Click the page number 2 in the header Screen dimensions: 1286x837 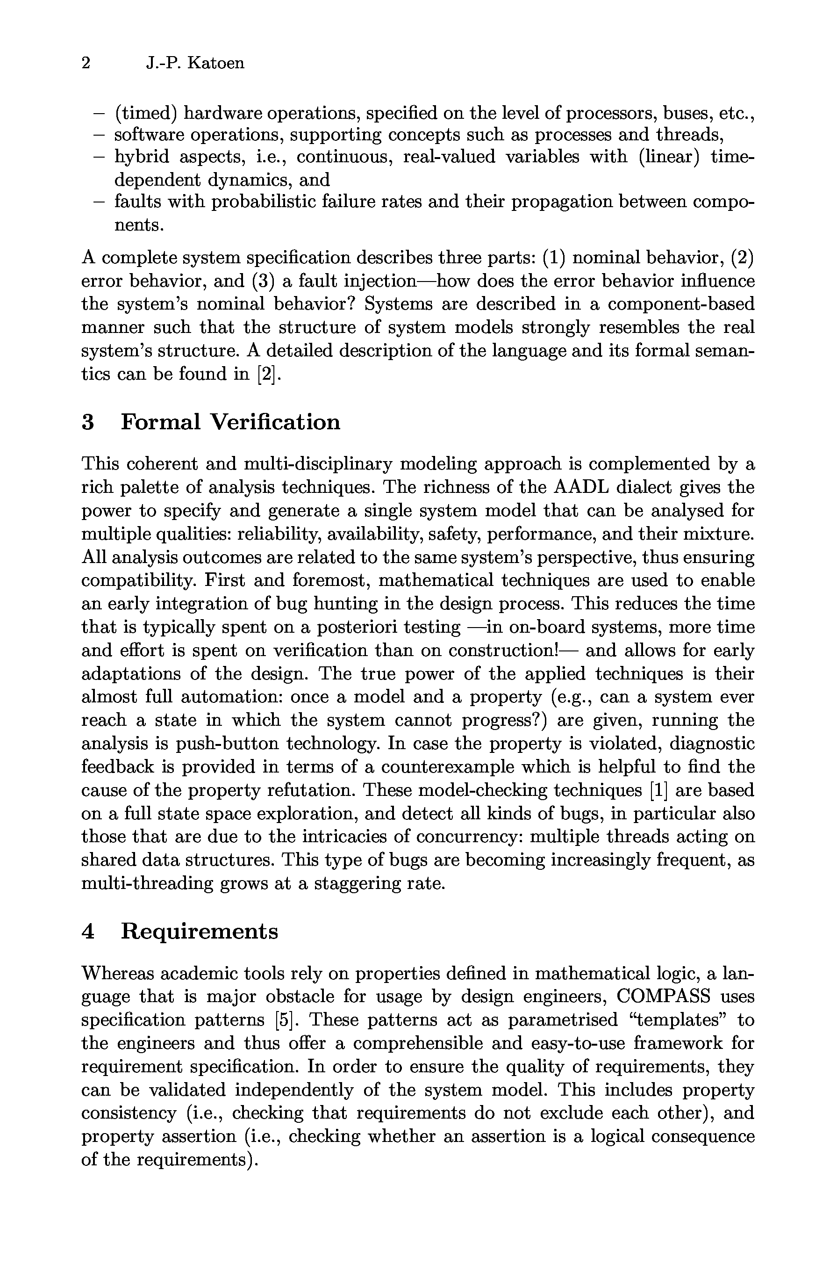click(x=86, y=63)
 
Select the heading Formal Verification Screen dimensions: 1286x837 click(x=230, y=422)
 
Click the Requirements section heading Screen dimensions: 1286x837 click(x=199, y=931)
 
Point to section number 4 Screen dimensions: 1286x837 click(x=88, y=931)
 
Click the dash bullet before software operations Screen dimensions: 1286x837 click(x=98, y=135)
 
